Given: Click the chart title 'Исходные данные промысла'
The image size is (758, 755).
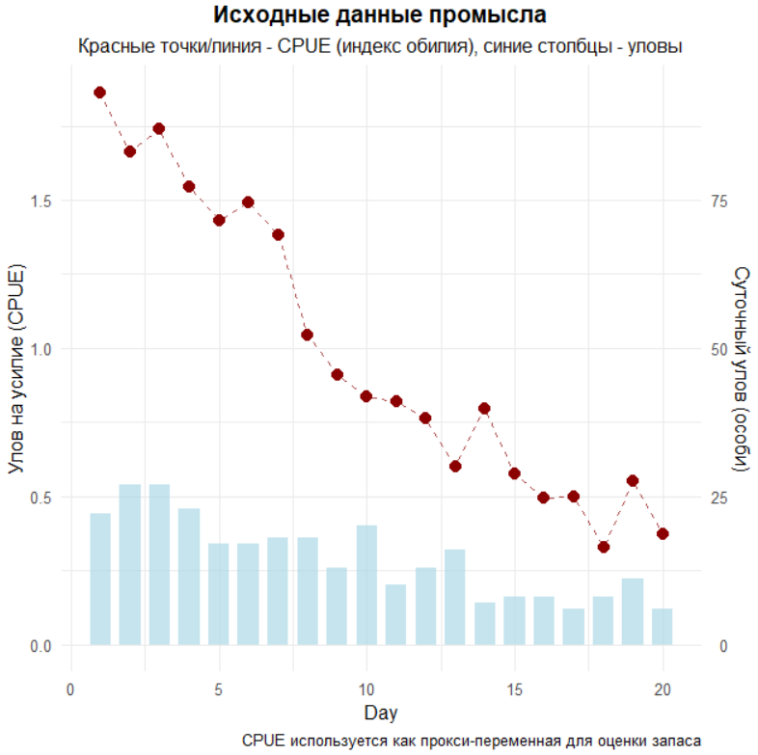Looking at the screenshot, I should point(379,16).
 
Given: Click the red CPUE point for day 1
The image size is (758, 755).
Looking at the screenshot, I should point(99,93).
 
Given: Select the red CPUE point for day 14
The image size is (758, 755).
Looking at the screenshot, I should point(484,409).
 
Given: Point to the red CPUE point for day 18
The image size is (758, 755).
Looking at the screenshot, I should point(603,547).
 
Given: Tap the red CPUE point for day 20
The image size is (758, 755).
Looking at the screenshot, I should point(663,534).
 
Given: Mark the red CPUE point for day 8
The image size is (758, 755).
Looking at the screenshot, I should point(307,335).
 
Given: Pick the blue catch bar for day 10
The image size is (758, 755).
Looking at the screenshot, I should point(366,584).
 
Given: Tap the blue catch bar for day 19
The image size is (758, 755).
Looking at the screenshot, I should point(633,611).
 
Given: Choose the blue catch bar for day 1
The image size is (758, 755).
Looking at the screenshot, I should point(99,579).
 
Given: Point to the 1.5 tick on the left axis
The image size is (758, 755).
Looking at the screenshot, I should point(42,201).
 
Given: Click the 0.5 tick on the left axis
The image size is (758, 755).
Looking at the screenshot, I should point(42,498).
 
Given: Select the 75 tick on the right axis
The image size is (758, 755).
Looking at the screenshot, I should point(717,201).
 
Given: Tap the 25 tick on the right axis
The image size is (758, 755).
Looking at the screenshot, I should point(717,498).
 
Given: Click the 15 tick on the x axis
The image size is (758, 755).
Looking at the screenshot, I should point(514,689).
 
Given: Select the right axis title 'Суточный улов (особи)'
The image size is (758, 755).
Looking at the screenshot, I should point(741,369).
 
